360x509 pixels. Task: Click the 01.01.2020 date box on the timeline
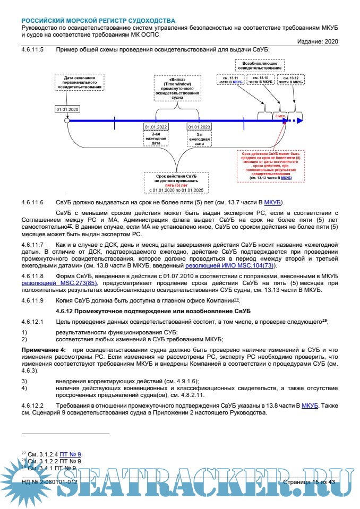coord(67,109)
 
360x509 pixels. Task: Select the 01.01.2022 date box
coord(156,127)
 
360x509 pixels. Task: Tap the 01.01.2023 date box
coord(199,127)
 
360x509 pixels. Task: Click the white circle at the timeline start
coord(67,121)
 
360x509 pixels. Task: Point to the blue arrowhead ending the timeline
coord(299,121)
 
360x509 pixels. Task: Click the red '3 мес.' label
coord(279,115)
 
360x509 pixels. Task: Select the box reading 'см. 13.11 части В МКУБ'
coord(230,80)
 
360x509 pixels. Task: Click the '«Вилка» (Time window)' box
coord(177,88)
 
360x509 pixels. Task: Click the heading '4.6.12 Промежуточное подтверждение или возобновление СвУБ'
coord(156,310)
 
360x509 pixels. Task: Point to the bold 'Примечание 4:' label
coord(44,350)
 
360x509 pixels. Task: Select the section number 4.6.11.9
coord(32,300)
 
